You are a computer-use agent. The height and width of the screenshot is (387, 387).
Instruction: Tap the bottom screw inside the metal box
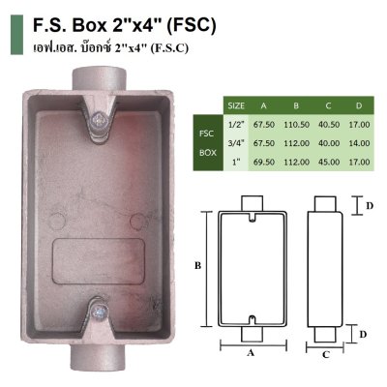tap(101, 312)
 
